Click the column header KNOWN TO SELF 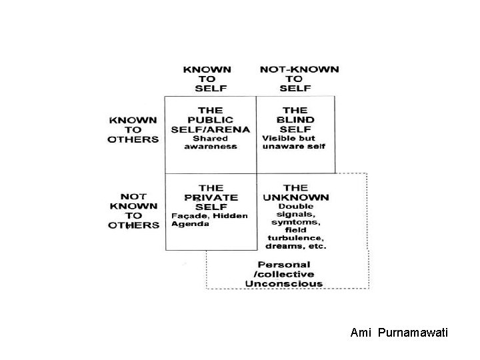coord(207,79)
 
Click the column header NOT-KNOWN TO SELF coord(299,79)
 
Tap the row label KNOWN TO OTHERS coord(133,129)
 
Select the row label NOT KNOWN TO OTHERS coord(134,211)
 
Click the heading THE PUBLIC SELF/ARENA coord(210,119)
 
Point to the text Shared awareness coord(210,142)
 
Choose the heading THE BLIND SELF coord(294,119)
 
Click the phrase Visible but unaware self coord(293,142)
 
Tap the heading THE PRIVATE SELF coord(211,197)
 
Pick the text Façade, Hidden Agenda coord(209,219)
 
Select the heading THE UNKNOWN coord(295,192)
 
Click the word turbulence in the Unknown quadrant coord(295,237)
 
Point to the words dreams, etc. coord(296,246)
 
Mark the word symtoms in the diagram coord(295,221)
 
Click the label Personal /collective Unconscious coord(284,274)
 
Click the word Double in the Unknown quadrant coord(295,205)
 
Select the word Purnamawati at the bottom coord(413,331)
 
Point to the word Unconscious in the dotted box coord(284,283)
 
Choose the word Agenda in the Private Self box coord(190,224)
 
